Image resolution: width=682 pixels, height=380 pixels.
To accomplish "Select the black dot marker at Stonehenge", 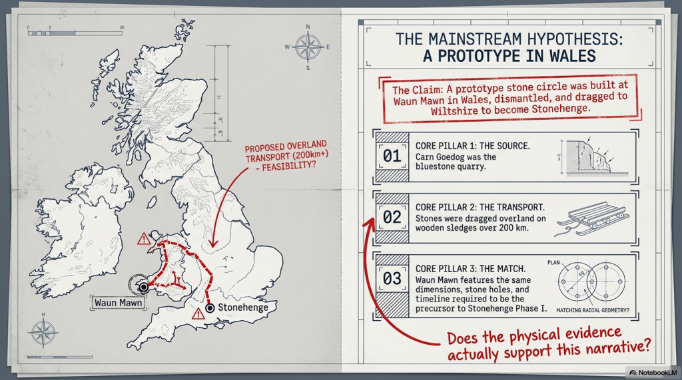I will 210,308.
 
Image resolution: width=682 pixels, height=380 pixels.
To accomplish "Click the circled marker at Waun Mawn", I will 142,286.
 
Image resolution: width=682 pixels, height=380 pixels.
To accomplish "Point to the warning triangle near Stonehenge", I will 198,313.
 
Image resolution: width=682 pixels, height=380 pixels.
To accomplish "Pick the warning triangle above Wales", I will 143,239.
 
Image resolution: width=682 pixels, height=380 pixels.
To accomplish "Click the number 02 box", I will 392,217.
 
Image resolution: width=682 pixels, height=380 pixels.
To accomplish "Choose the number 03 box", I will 392,278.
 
